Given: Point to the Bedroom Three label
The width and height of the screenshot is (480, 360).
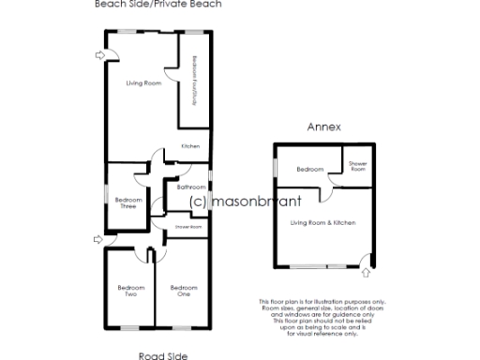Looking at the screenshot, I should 127,202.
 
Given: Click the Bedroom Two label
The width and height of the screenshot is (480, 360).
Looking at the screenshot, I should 130,290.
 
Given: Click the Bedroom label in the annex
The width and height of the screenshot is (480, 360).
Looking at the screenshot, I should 310,170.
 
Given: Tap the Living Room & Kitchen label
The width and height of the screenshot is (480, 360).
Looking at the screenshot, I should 322,221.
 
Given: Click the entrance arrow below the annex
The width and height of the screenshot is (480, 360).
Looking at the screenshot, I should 366,275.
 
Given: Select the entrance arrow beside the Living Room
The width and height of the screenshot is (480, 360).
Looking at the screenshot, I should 100,55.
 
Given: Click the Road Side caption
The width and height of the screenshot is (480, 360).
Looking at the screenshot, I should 163,355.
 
